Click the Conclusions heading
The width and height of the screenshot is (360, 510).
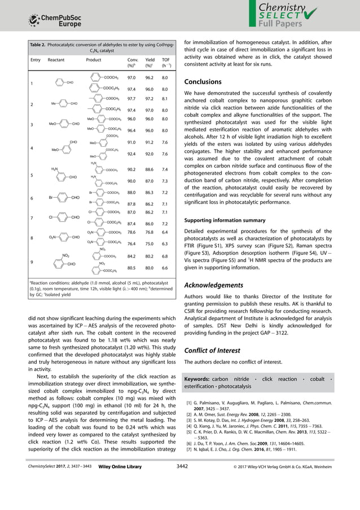tap(207, 82)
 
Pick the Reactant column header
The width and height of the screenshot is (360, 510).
tap(56, 59)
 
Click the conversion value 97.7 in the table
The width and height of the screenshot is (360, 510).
tap(131, 98)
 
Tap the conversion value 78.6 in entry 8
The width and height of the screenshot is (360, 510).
tap(131, 232)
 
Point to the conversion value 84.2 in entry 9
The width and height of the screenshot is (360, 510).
tap(131, 256)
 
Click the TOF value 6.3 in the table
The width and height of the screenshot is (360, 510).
tap(165, 243)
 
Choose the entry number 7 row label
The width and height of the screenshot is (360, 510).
tap(32, 218)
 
